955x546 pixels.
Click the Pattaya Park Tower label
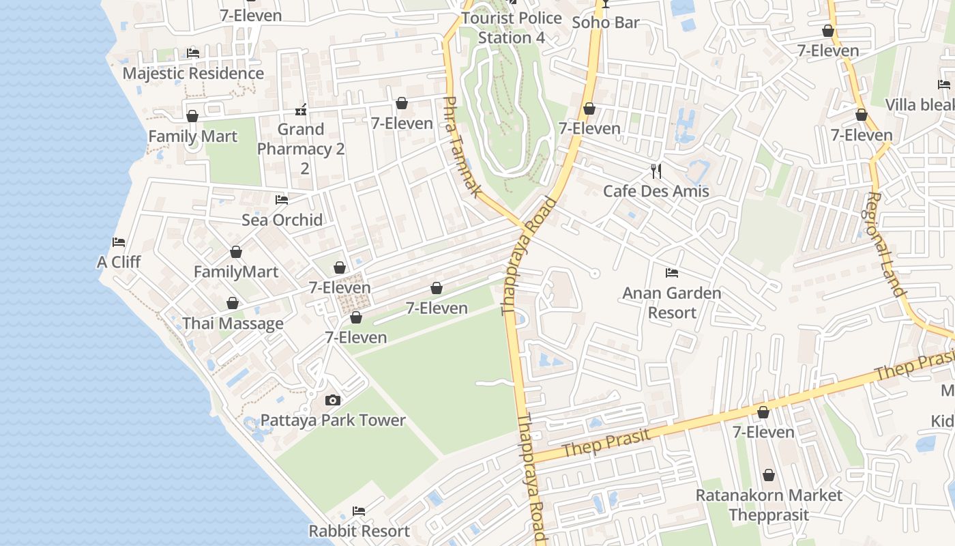(x=333, y=420)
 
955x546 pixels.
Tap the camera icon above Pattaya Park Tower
(x=333, y=400)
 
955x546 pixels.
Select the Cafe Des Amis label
(x=656, y=191)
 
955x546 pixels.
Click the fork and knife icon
(x=656, y=171)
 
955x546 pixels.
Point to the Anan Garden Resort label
(x=672, y=303)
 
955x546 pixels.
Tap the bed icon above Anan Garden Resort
(x=672, y=273)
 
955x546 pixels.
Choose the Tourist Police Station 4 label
(x=512, y=27)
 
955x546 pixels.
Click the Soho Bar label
(x=606, y=23)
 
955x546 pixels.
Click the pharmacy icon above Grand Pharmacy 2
(x=301, y=109)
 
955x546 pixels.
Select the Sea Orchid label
(x=282, y=220)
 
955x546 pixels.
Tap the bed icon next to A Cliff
(x=119, y=242)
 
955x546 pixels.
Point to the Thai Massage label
(x=233, y=324)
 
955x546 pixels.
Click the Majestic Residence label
(x=193, y=73)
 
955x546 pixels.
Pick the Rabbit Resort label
(x=359, y=531)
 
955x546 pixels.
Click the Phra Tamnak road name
(x=461, y=147)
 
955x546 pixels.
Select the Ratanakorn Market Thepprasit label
(x=769, y=504)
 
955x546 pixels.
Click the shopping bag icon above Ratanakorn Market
(x=769, y=475)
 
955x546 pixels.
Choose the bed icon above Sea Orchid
(x=282, y=200)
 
